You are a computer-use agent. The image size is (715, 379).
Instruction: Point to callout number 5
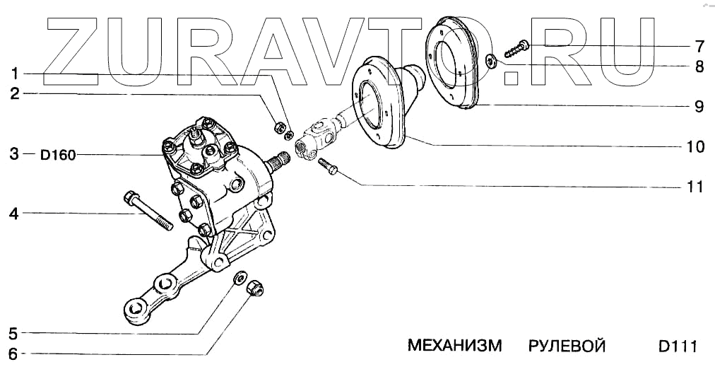(13, 332)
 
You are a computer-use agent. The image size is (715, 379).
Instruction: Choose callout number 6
(13, 354)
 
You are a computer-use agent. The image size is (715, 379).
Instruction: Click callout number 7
(699, 47)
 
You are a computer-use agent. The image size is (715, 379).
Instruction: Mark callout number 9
(699, 107)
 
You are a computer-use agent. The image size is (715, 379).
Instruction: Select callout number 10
(696, 147)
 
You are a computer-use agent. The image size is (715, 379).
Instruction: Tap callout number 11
(695, 187)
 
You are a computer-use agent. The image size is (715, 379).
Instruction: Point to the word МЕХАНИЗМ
(454, 346)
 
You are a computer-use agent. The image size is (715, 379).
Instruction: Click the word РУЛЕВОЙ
(567, 346)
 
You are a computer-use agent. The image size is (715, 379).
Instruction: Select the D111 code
(678, 346)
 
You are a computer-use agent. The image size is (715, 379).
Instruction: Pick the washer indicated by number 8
(492, 61)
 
